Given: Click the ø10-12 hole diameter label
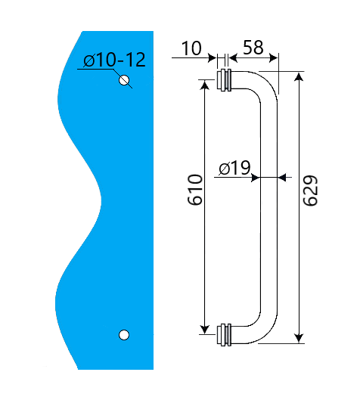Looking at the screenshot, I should tap(114, 60).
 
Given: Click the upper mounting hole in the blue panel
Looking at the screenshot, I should tap(125, 80).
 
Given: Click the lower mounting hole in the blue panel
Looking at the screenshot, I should tap(125, 334).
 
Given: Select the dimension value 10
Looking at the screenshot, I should tap(191, 49).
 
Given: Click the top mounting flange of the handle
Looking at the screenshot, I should tap(225, 81).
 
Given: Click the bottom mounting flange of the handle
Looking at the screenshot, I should tap(225, 334).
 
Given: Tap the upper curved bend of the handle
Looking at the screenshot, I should tap(261, 85).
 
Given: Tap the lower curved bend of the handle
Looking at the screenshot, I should tap(261, 331).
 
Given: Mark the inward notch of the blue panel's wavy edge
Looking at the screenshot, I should tap(100, 200).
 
